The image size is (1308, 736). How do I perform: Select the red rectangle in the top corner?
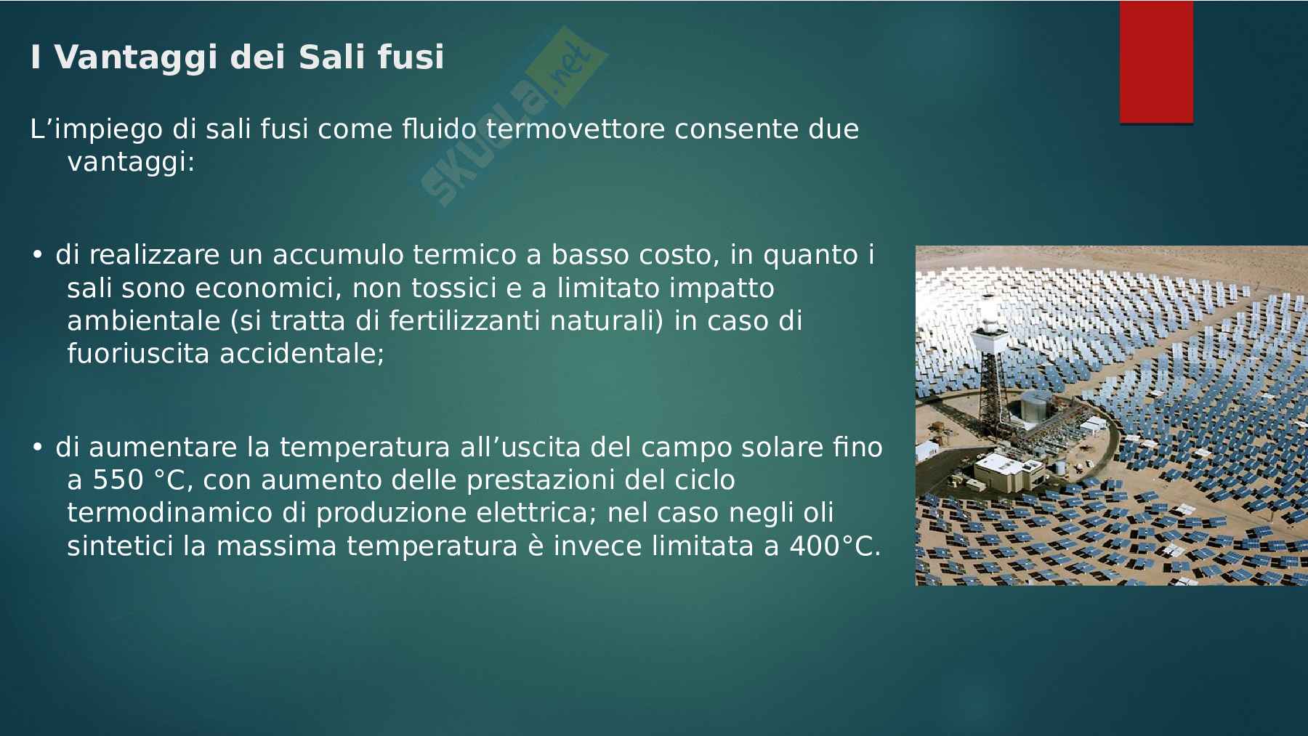[1156, 62]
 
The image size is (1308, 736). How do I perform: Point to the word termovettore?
[576, 129]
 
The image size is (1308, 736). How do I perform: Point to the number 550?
[118, 480]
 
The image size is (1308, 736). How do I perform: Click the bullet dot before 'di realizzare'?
[37, 256]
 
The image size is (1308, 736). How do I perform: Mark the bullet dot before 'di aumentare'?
[37, 448]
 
